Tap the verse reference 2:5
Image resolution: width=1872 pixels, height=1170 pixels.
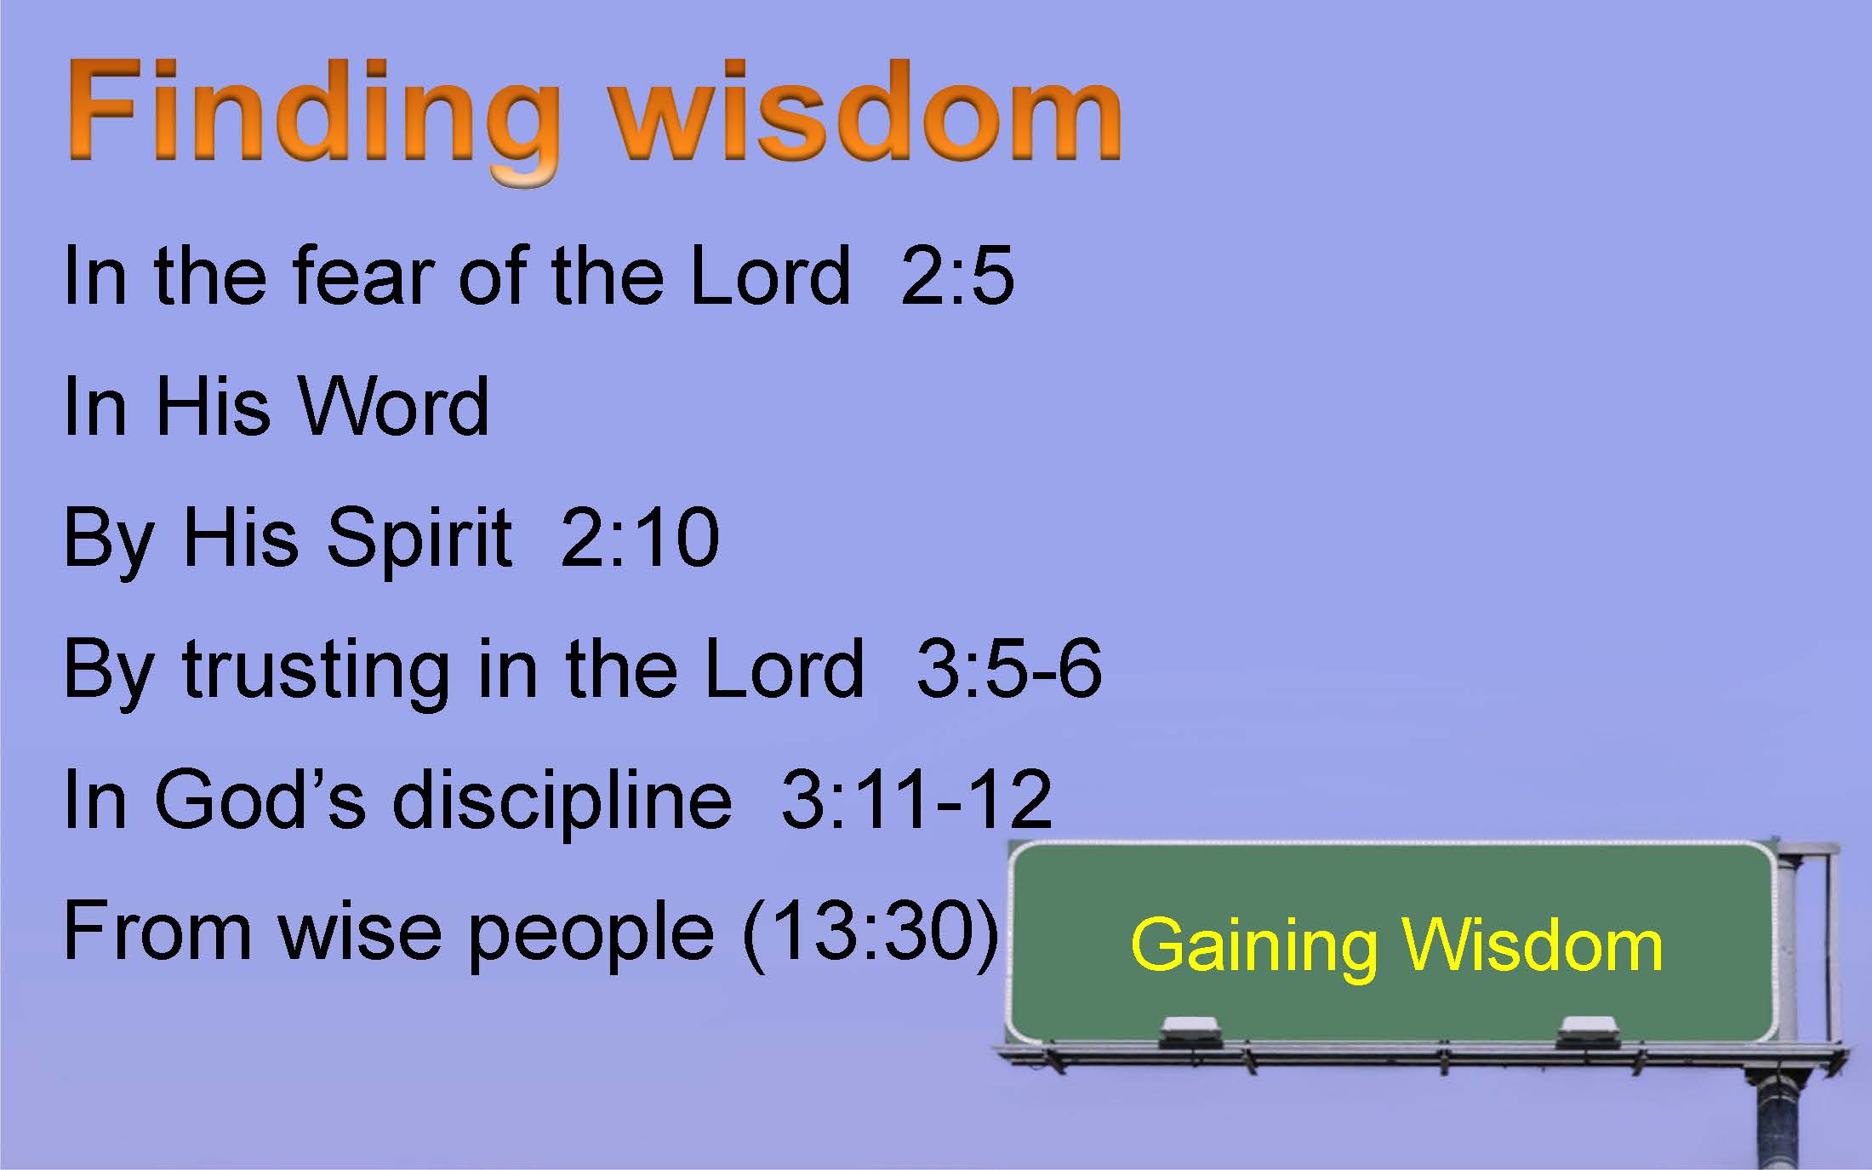(x=957, y=275)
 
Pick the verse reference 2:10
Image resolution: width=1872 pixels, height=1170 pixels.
(x=640, y=538)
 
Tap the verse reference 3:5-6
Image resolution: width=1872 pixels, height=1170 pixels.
(x=1009, y=669)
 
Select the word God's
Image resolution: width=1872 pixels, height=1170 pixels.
(x=260, y=800)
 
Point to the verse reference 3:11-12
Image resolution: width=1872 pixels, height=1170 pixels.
(x=916, y=800)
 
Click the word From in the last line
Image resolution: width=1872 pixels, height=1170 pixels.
(x=157, y=931)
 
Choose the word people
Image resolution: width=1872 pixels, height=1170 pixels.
(x=591, y=936)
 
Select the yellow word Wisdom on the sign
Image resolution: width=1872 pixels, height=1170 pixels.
(x=1532, y=945)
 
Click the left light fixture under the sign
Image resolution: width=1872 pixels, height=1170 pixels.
(x=1190, y=1032)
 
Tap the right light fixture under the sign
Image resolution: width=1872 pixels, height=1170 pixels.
(x=1588, y=1032)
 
